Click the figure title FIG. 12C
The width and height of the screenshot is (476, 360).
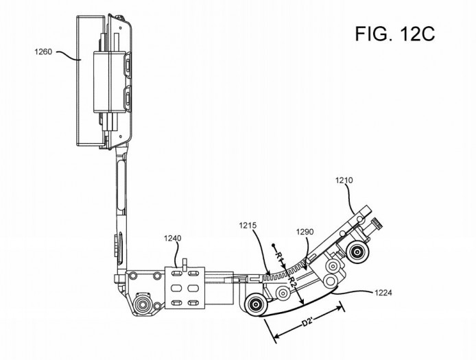[x=394, y=34]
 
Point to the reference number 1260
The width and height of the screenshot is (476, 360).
[x=43, y=52]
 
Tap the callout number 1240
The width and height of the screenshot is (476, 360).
[x=172, y=238]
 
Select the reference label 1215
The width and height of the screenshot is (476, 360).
[x=248, y=226]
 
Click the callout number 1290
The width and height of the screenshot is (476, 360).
[x=305, y=232]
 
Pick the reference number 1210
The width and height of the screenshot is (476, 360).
[x=344, y=180]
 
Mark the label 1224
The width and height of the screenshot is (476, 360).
[x=383, y=293]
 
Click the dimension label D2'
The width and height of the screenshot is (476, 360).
[x=307, y=323]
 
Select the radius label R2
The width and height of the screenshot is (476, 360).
[x=292, y=282]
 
